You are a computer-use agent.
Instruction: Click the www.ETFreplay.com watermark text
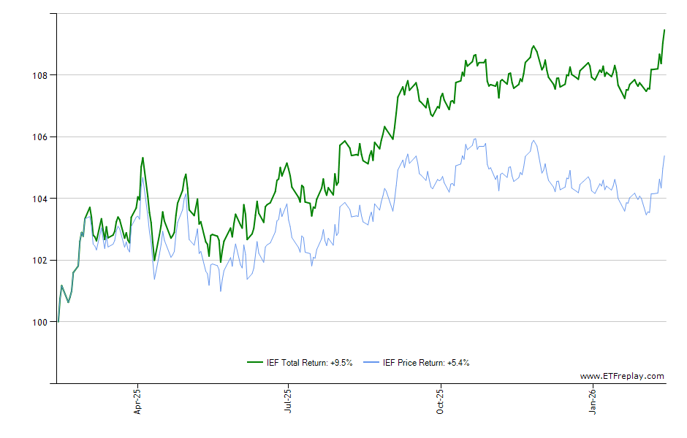point(622,377)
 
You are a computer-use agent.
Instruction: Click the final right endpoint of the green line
point(664,30)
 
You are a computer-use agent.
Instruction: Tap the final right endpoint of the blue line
point(664,155)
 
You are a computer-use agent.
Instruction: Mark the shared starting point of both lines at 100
point(58,322)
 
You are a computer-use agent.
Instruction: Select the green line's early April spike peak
point(143,158)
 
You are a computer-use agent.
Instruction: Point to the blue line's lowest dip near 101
point(221,291)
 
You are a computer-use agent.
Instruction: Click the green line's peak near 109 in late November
point(534,46)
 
